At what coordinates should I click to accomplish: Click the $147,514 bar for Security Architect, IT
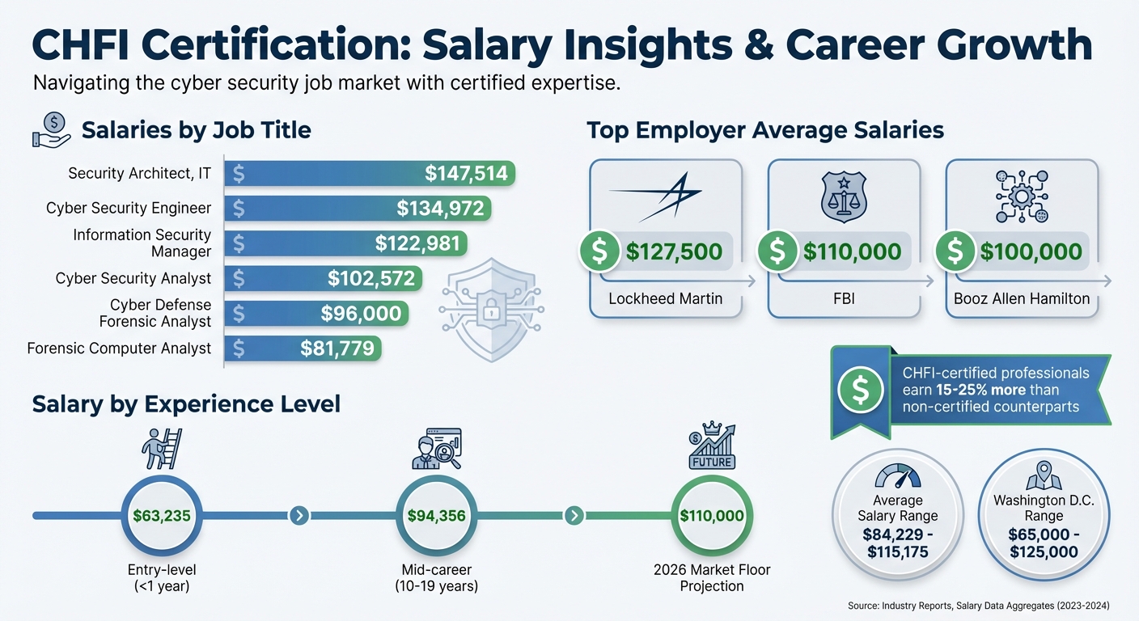pyautogui.click(x=370, y=173)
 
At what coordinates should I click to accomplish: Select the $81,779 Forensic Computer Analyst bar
pyautogui.click(x=303, y=349)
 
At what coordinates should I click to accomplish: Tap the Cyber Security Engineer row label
pyautogui.click(x=129, y=209)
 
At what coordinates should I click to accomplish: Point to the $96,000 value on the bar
pyautogui.click(x=361, y=314)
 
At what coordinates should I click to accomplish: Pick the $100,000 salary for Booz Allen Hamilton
pyautogui.click(x=1031, y=251)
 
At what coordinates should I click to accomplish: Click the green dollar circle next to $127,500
pyautogui.click(x=599, y=251)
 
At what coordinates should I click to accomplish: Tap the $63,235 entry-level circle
pyautogui.click(x=163, y=515)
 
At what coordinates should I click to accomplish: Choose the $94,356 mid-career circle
pyautogui.click(x=437, y=515)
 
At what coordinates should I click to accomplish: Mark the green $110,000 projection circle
pyautogui.click(x=712, y=515)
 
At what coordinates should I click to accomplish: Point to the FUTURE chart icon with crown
pyautogui.click(x=712, y=445)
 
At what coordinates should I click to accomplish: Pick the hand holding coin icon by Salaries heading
pyautogui.click(x=50, y=129)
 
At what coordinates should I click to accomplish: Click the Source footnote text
pyautogui.click(x=979, y=605)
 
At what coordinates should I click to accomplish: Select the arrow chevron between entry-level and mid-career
pyautogui.click(x=299, y=515)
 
